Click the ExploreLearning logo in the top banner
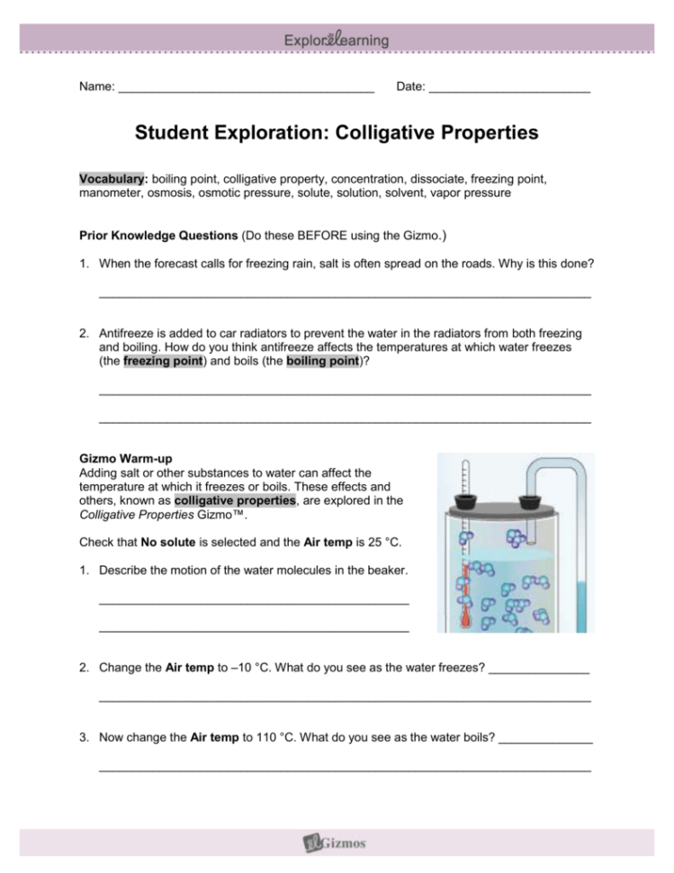pyautogui.click(x=337, y=40)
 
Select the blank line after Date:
pyautogui.click(x=509, y=89)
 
